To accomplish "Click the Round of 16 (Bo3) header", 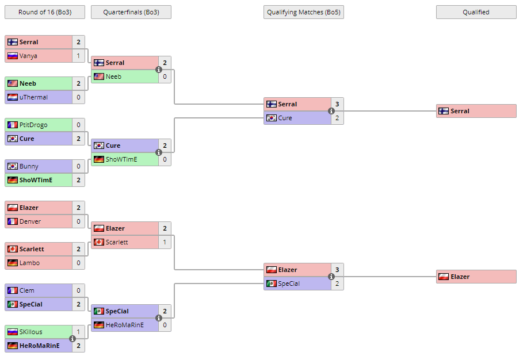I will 44,12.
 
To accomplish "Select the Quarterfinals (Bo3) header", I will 131,12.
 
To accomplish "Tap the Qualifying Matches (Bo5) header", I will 303,12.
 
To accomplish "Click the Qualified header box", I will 476,12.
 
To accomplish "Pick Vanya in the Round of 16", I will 28,56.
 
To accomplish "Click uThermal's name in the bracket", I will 33,97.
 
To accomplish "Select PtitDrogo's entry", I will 33,125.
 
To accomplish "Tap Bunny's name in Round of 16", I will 29,166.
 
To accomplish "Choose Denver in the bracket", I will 30,221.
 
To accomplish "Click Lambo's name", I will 29,263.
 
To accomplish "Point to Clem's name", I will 26,290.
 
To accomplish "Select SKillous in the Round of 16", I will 31,332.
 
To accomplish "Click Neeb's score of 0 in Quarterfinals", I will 165,76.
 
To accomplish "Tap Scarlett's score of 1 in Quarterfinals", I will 165,242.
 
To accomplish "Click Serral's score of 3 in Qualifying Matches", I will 337,104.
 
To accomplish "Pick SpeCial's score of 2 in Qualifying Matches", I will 337,284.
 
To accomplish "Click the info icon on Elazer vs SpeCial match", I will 331,277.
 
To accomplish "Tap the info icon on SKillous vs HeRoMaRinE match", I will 72,339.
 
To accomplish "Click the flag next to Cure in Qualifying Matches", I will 271,118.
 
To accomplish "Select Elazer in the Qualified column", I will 460,277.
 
